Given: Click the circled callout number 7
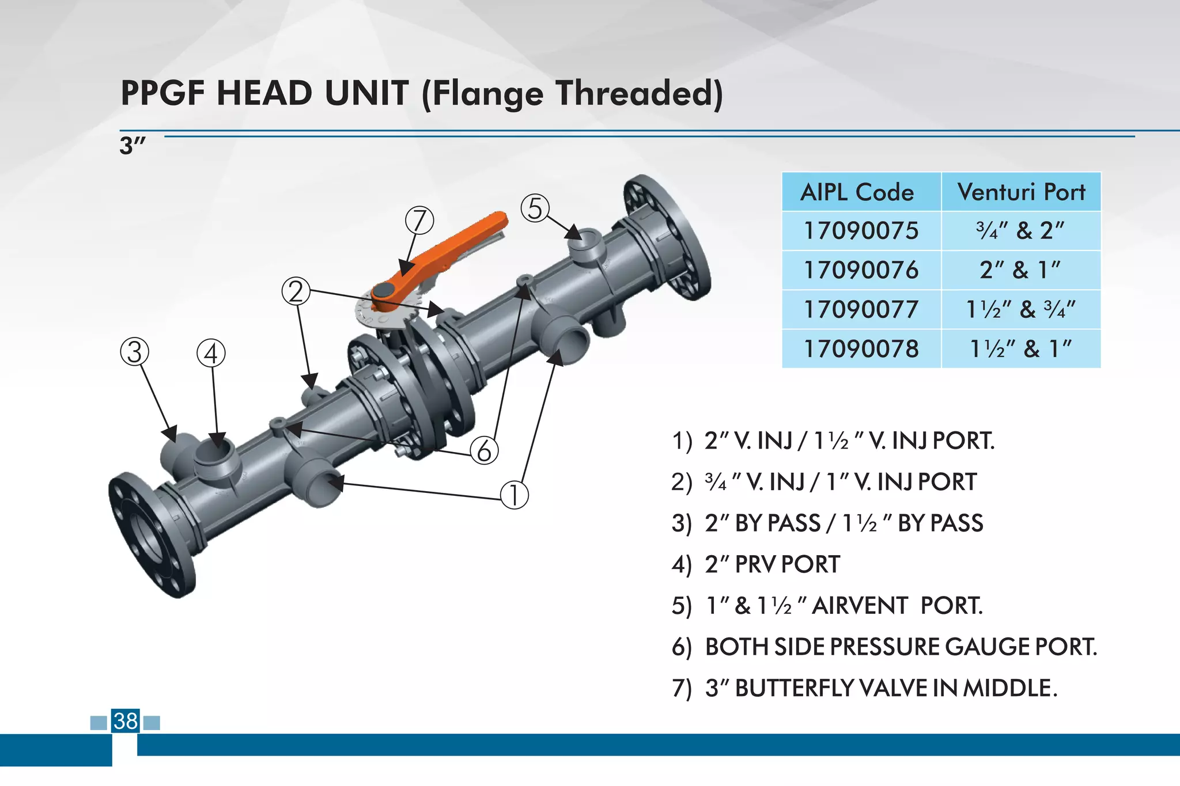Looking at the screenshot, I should pyautogui.click(x=419, y=221).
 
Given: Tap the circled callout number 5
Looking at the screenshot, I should pyautogui.click(x=535, y=208).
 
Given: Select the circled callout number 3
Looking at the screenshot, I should pyautogui.click(x=134, y=352).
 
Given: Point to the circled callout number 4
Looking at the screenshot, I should pyautogui.click(x=211, y=354).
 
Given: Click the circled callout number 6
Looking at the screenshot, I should pyautogui.click(x=484, y=450).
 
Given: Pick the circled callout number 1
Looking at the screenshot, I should pyautogui.click(x=514, y=495).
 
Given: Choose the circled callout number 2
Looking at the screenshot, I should pyautogui.click(x=296, y=291).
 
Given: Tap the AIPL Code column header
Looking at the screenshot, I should pyautogui.click(x=857, y=192).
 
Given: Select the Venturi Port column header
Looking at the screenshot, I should pyautogui.click(x=1021, y=192).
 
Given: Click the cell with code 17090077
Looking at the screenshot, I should pyautogui.click(x=861, y=310).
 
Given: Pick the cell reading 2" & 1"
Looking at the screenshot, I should pyautogui.click(x=1020, y=270).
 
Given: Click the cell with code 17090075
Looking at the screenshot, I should pyautogui.click(x=861, y=231).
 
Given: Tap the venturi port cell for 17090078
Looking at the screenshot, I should pyautogui.click(x=1020, y=349).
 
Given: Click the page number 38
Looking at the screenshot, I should pyautogui.click(x=126, y=721).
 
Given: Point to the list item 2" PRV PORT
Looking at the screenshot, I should pyautogui.click(x=772, y=564).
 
